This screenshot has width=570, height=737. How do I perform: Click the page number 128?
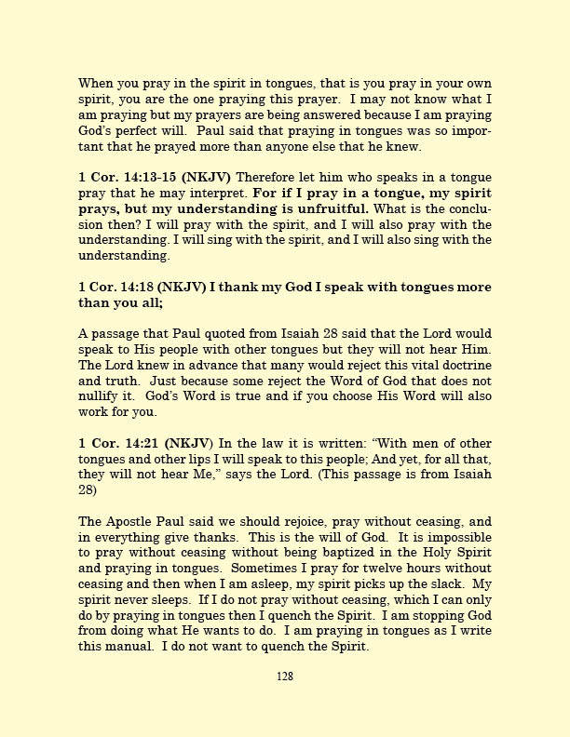click(285, 677)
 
